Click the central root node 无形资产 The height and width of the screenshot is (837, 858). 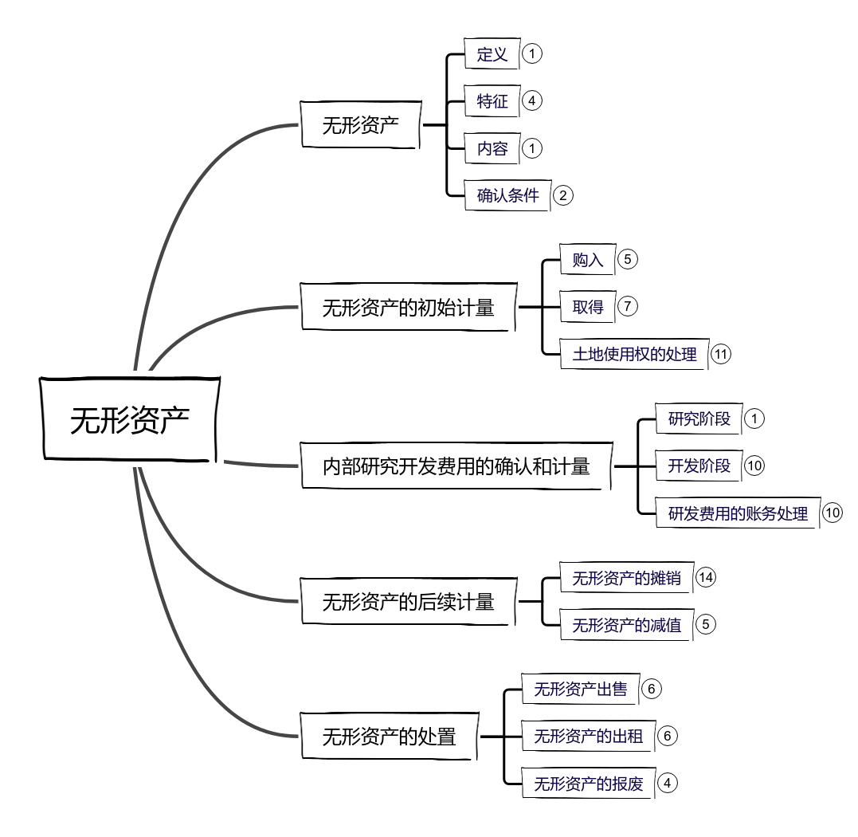129,419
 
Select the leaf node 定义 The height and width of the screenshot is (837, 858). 492,54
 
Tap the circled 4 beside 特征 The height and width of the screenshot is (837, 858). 532,100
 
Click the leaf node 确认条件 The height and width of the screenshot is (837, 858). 507,195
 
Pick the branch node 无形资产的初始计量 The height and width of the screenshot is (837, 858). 408,307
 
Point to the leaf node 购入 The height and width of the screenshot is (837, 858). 588,260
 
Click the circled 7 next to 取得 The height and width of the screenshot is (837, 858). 628,306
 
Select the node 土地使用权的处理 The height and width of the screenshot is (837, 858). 634,355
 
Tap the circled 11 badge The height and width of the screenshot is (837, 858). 721,355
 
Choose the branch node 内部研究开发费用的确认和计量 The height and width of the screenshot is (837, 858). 456,466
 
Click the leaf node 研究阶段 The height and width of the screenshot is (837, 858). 699,418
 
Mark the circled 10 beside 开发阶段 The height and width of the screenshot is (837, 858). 754,466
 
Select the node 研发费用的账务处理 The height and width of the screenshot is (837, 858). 738,514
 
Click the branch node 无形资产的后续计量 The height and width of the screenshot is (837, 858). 408,602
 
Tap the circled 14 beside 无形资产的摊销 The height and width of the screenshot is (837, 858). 706,577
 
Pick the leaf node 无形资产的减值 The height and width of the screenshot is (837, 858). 626,626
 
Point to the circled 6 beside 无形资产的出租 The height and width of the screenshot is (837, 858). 667,736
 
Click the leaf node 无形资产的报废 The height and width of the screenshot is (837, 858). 588,784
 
